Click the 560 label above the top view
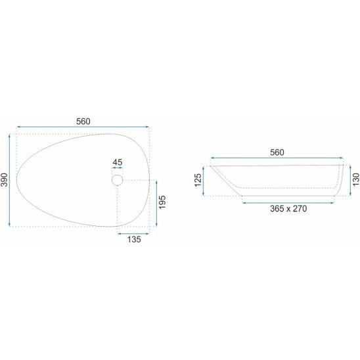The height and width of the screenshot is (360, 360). [x=83, y=122]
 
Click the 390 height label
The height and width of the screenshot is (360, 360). [x=5, y=180]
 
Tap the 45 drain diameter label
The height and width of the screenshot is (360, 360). [x=118, y=162]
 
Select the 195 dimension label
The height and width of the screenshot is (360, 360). [x=162, y=202]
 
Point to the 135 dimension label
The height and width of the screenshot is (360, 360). [x=134, y=240]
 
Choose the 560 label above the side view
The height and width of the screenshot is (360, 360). [x=277, y=152]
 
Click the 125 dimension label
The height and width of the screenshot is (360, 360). [x=198, y=180]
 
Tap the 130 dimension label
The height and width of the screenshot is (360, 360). [x=355, y=179]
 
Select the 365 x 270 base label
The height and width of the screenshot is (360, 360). [x=288, y=208]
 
